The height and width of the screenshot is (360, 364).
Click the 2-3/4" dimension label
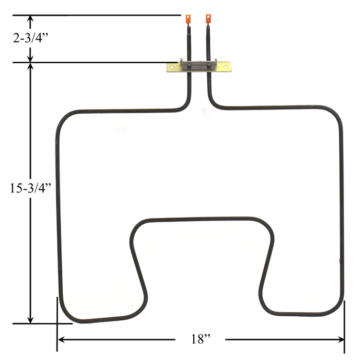click(31, 39)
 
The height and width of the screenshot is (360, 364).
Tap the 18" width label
click(200, 339)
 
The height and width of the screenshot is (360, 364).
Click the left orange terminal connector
click(188, 20)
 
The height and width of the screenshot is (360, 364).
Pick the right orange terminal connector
click(209, 19)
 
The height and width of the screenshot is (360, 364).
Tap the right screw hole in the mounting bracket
click(224, 66)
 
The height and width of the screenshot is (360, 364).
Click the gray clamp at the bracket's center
click(198, 66)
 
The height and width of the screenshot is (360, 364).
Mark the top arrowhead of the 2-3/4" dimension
click(31, 20)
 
